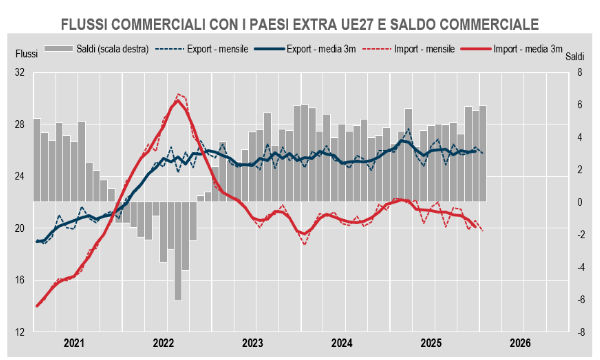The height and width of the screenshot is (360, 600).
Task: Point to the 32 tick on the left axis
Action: coord(19,73)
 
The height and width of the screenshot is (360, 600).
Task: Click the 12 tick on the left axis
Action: coord(19,332)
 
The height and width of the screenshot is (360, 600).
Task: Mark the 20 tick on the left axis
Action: coord(19,228)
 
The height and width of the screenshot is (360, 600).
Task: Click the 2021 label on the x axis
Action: coord(74,343)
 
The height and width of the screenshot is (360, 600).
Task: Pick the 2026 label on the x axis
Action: coord(520,343)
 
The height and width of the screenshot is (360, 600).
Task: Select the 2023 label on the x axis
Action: coord(252,343)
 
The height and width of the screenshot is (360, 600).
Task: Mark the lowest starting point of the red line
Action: coord(37,306)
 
